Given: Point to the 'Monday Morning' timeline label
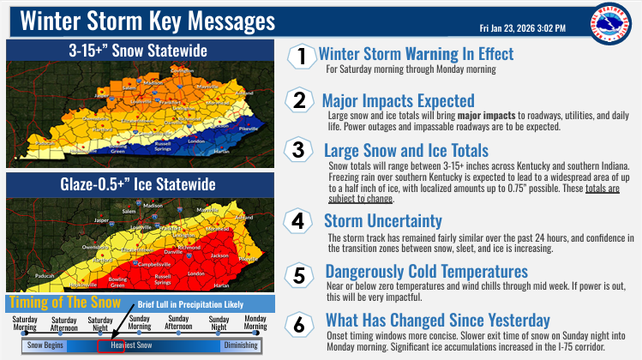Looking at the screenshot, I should (256, 322).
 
